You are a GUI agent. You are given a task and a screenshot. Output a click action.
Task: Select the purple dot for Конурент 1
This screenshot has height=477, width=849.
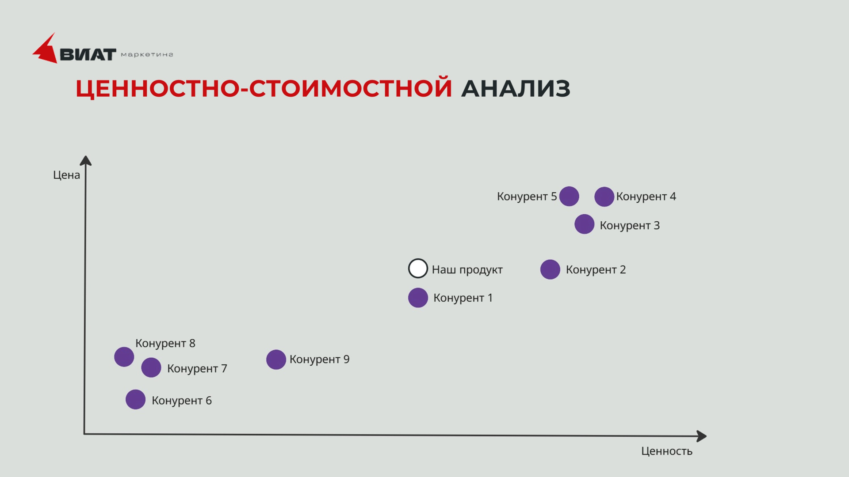coord(418,298)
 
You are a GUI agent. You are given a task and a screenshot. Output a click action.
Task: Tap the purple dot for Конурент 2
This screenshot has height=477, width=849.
coord(550,269)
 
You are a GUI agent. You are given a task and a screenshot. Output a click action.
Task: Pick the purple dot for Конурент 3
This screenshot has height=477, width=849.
coord(584,224)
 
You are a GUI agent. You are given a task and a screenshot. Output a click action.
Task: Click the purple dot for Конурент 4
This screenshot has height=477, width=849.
coord(604,197)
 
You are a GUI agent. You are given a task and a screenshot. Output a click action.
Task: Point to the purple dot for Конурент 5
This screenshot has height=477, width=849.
coord(569,196)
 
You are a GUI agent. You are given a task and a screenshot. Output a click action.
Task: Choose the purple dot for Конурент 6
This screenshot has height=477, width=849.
coord(135,400)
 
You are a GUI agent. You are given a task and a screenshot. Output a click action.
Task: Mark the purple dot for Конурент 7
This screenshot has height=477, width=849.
coord(151,367)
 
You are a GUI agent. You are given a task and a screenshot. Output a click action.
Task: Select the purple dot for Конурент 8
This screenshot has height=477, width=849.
coord(124,357)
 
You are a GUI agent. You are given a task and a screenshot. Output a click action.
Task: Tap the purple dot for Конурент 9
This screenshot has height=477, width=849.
coord(276,360)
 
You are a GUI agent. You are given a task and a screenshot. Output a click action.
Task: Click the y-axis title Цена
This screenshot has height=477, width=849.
coord(66,175)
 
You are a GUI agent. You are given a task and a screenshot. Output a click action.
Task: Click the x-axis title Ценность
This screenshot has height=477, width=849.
coord(667,451)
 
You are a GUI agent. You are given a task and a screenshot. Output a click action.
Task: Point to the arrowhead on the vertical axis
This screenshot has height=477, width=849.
coord(85,160)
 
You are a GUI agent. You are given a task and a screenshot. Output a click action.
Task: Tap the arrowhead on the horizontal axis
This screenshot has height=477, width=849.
coord(702,436)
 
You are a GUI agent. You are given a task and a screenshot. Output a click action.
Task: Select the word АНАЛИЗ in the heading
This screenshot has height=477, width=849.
coord(516,88)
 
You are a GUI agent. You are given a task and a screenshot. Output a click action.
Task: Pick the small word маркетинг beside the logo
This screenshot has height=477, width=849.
coord(147,55)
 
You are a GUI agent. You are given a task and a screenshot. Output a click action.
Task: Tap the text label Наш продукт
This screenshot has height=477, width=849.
coord(467,270)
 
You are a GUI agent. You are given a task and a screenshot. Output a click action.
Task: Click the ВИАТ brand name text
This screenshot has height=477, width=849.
coord(88,55)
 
